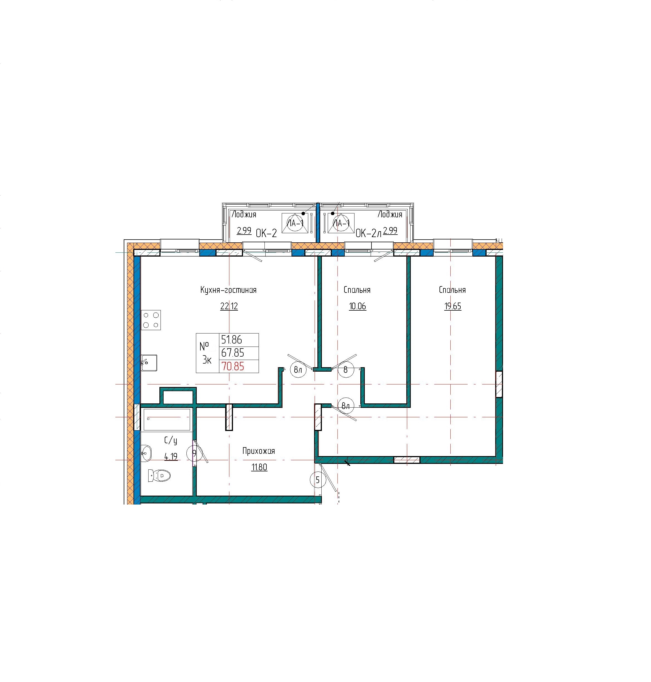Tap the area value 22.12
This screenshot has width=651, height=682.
229,306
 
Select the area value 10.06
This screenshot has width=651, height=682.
358,306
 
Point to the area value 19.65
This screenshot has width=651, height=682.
453,306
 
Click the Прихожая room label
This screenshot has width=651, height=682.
259,451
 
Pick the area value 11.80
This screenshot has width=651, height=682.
259,467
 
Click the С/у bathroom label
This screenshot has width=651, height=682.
171,440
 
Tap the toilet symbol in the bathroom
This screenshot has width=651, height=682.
160,475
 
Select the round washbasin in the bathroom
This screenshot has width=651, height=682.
146,453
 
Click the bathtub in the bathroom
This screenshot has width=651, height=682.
167,419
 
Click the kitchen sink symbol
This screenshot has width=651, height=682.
149,363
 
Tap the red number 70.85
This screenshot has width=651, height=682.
233,366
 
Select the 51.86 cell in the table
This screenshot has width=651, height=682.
232,340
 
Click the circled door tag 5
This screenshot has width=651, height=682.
317,480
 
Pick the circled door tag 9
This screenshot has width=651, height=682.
194,453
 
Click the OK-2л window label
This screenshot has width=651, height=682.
368,233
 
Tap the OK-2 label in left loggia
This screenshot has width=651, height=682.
266,233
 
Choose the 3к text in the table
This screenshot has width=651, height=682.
207,360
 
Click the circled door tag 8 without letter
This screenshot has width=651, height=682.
345,370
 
